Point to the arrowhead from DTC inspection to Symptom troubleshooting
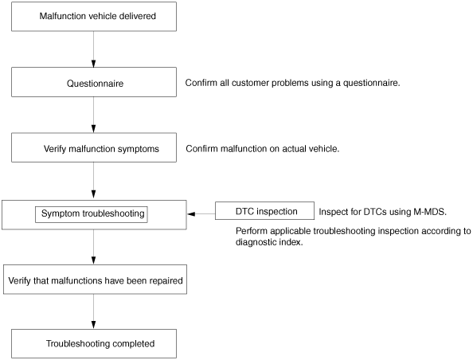(191, 214)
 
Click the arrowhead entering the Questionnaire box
(93, 64)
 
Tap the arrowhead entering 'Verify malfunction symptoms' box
(93, 129)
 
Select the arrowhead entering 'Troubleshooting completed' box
(93, 325)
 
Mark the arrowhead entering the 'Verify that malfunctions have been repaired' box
(93, 260)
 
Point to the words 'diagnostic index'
(269, 242)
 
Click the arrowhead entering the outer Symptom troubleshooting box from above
(93, 194)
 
